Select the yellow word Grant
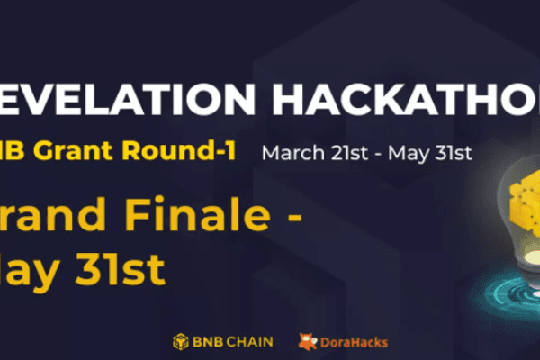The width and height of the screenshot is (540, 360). (85, 150)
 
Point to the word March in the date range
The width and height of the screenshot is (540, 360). (290, 152)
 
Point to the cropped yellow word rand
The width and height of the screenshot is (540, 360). (58, 213)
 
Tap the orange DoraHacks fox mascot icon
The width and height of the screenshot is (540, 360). (308, 341)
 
